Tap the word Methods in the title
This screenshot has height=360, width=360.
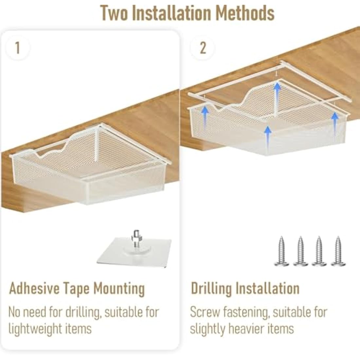tap(245, 13)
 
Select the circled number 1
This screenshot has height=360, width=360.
tap(18, 48)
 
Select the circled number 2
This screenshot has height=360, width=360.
tap(203, 48)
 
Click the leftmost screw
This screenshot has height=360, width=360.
tap(281, 251)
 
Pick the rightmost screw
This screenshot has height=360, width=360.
tap(338, 251)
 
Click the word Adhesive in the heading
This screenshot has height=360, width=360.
tap(34, 288)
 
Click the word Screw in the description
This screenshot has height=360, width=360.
tap(205, 312)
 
